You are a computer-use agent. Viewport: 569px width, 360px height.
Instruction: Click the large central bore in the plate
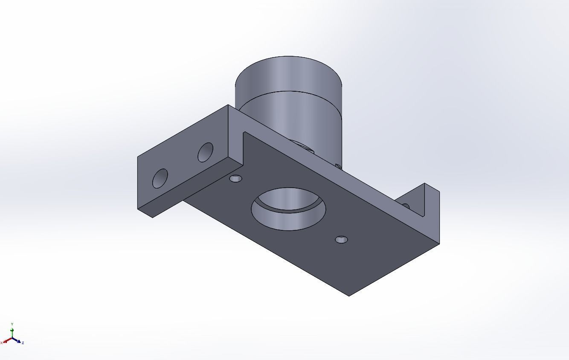(x=288, y=209)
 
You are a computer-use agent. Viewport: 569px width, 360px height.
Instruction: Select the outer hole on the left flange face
(x=160, y=178)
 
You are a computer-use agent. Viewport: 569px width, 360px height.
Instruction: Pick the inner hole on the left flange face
(x=205, y=152)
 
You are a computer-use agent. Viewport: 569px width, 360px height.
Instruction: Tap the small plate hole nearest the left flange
(x=235, y=179)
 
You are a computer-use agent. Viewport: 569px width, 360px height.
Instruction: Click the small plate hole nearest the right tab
(x=341, y=240)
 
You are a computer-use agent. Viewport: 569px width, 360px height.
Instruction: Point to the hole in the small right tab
(x=406, y=206)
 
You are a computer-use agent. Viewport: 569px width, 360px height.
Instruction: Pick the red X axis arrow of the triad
(x=6, y=341)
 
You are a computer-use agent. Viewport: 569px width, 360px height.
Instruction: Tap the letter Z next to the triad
(x=23, y=343)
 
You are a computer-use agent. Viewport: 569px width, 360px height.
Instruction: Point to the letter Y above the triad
(x=12, y=324)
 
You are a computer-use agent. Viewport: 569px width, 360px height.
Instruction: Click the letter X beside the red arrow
(x=2, y=343)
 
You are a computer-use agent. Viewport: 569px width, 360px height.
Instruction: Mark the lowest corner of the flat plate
(x=349, y=296)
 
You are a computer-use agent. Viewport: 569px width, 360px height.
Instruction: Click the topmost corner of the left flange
(x=228, y=105)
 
